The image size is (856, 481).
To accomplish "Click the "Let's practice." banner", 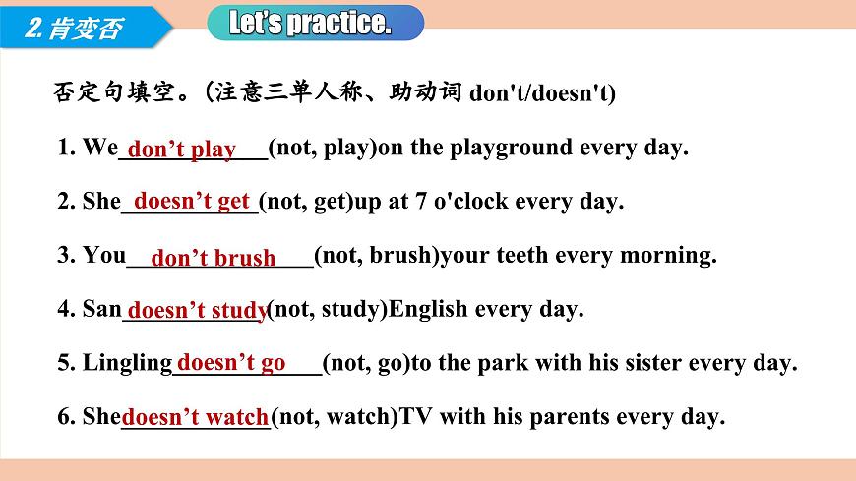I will (x=316, y=23).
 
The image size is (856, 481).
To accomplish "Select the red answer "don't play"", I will (x=182, y=150).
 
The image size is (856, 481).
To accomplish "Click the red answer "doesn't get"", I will (x=192, y=201).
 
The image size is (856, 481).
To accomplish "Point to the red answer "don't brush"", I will (x=214, y=258).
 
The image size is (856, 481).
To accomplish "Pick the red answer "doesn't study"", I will (x=198, y=311).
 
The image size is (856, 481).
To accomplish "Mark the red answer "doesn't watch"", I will (x=196, y=417).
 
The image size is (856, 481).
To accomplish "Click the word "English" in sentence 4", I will (x=429, y=309).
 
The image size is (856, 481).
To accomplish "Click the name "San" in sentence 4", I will (x=101, y=309).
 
